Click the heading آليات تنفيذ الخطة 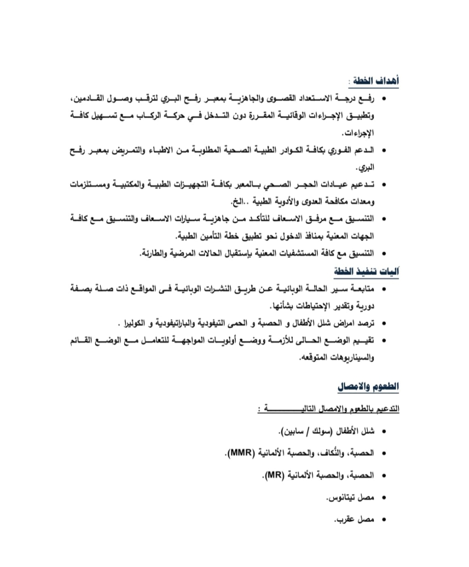click(x=367, y=272)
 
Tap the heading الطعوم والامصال click(x=368, y=386)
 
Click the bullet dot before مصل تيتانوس click(x=384, y=497)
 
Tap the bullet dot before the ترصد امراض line click(x=384, y=324)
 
